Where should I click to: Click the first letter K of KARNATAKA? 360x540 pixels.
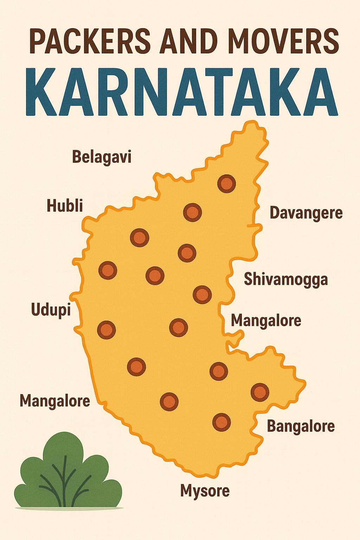(x=40, y=92)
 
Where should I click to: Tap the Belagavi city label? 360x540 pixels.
(x=102, y=157)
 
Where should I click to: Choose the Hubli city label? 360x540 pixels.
(x=65, y=206)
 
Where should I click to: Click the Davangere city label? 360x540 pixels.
(x=306, y=213)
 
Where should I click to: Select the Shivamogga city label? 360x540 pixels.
(x=286, y=279)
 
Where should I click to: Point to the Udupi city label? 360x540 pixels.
(x=51, y=310)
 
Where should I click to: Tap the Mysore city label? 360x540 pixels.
(x=205, y=490)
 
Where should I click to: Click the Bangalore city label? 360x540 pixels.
(x=301, y=426)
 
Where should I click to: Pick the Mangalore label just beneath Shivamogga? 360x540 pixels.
(x=266, y=321)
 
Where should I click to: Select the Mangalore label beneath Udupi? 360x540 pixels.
(x=55, y=400)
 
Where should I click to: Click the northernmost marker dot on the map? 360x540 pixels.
(x=226, y=184)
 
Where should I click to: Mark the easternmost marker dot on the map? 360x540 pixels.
(x=260, y=391)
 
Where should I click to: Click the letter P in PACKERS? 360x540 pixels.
(x=33, y=41)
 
